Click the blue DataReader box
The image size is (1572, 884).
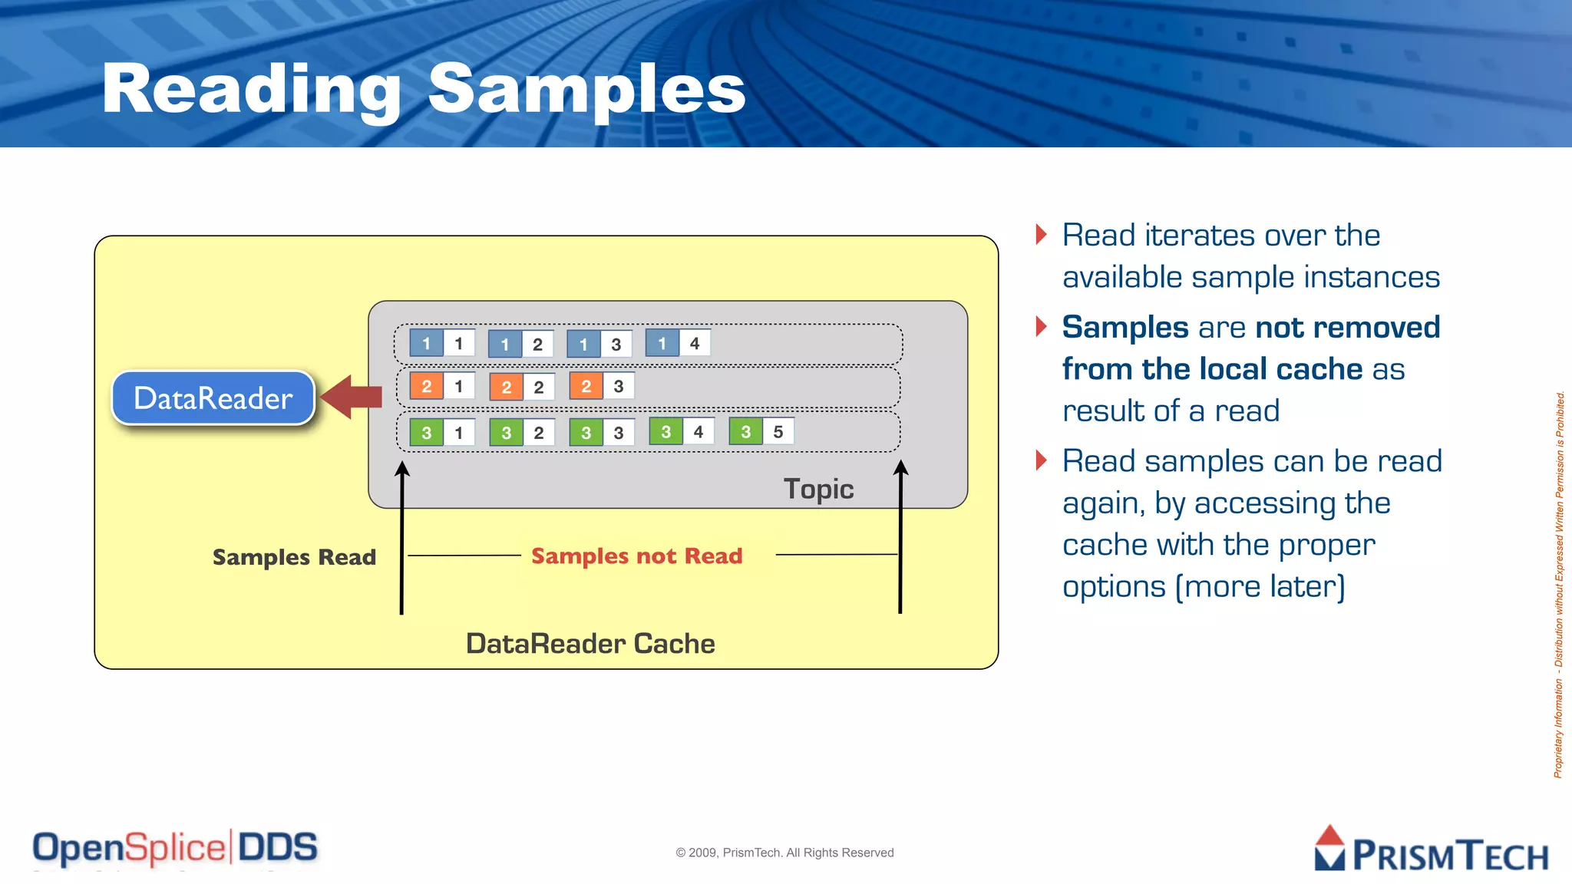pos(213,397)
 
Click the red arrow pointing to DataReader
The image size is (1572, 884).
pos(352,397)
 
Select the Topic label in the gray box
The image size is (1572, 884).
pos(818,489)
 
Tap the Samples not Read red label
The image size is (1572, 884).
pos(636,556)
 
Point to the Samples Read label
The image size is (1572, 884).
pos(294,557)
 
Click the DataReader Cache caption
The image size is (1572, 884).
pos(590,643)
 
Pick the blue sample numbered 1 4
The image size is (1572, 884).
pos(678,343)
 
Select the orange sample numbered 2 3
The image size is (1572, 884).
pos(602,386)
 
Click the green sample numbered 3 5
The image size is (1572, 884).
pos(761,431)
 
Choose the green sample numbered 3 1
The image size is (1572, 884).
pos(442,432)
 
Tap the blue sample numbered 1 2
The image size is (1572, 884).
pos(520,344)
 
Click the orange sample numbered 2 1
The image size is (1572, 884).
pos(442,386)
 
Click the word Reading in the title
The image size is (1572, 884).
pos(251,90)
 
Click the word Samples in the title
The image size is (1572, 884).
pos(586,90)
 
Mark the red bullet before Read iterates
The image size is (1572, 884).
pos(1041,234)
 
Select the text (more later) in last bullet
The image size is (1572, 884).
pos(1260,586)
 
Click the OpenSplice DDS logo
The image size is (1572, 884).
pos(175,848)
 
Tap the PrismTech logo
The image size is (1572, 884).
pos(1431,849)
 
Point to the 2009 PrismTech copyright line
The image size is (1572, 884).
pos(784,853)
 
